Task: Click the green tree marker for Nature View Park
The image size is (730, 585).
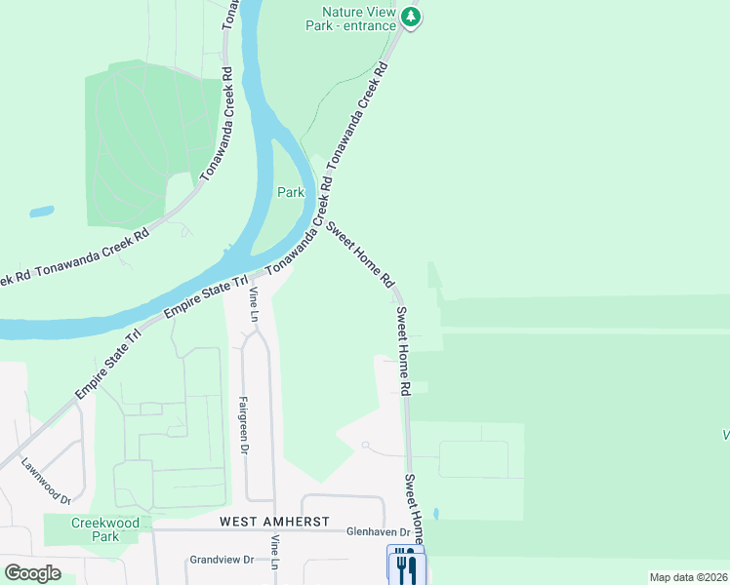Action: pyautogui.click(x=412, y=17)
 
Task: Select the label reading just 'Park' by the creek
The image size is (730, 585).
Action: pyautogui.click(x=291, y=193)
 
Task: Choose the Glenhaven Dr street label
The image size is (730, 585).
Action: pyautogui.click(x=378, y=532)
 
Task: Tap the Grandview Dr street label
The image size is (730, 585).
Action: pyautogui.click(x=222, y=561)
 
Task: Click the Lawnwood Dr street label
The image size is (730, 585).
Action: pyautogui.click(x=47, y=481)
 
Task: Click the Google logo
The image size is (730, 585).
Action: pyautogui.click(x=33, y=572)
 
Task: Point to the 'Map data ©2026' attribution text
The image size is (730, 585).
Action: pyautogui.click(x=688, y=577)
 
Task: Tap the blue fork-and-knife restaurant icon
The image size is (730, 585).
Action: pyautogui.click(x=406, y=565)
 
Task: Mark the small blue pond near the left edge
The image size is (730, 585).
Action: pyautogui.click(x=42, y=211)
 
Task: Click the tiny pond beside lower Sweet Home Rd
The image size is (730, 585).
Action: pyautogui.click(x=435, y=513)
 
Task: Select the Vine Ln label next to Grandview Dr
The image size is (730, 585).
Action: pyautogui.click(x=276, y=553)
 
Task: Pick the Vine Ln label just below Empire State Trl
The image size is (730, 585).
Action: pyautogui.click(x=254, y=305)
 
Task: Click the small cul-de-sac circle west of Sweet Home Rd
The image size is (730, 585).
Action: pyautogui.click(x=365, y=445)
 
